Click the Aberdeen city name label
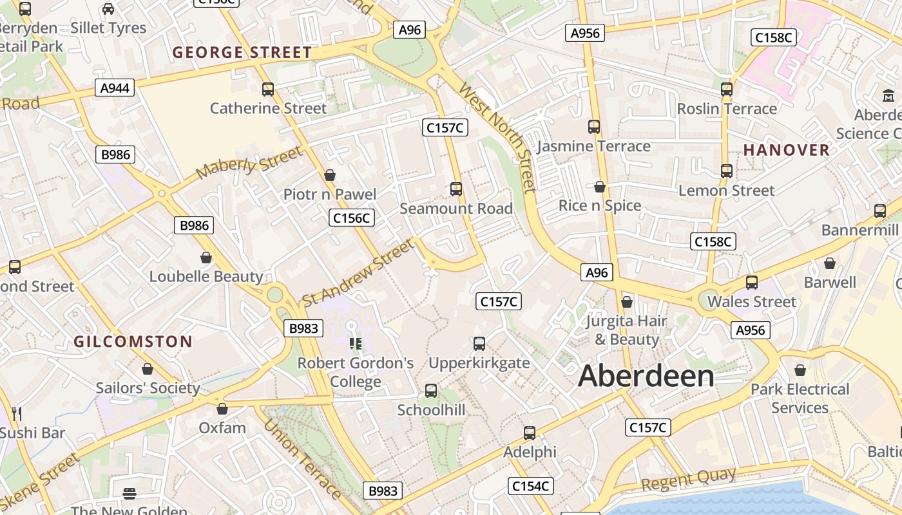646,376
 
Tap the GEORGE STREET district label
242,53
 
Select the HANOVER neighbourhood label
787,150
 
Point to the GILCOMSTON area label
133,342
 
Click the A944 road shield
115,88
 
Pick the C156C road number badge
352,218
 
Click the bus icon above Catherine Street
268,89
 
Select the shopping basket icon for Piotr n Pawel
330,175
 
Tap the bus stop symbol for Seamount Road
456,189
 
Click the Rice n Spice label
600,206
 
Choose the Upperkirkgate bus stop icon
479,344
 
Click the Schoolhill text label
431,410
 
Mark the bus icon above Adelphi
530,433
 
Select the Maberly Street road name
249,164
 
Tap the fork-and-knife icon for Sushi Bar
17,413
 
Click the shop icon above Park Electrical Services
800,370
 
